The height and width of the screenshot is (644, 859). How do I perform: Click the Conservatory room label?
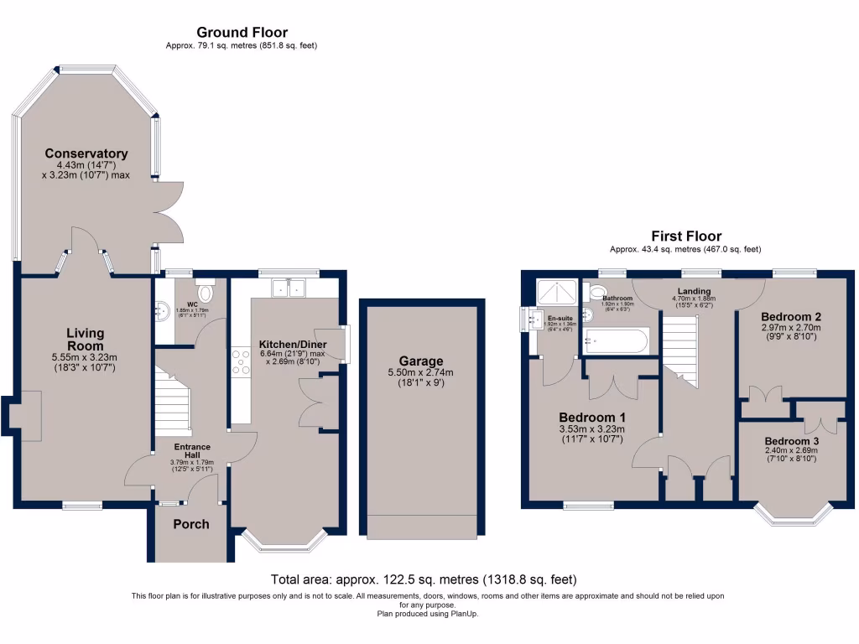point(86,153)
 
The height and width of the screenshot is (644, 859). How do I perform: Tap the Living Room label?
point(86,339)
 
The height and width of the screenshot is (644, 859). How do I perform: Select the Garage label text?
point(420,361)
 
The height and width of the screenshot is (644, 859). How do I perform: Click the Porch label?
point(190,524)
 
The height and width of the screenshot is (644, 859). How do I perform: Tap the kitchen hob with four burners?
point(241,361)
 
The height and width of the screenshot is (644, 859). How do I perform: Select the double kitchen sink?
point(288,288)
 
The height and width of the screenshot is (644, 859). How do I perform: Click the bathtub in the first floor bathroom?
point(617,340)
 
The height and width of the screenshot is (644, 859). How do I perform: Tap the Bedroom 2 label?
point(791,316)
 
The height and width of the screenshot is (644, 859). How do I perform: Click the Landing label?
point(695,292)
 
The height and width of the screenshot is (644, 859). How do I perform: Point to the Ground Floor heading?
point(242,33)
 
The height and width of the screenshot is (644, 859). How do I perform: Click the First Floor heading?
point(685,236)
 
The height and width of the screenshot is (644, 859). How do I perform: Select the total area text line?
point(424,579)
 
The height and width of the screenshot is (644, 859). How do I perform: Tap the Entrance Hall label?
point(193,450)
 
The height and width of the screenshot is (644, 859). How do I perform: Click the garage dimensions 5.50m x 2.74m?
point(420,373)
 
